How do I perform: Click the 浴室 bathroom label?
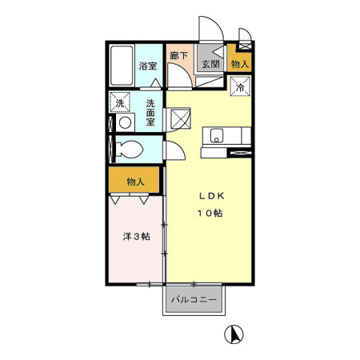click(146, 66)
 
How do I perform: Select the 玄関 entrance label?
click(210, 65)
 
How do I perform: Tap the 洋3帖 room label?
click(135, 237)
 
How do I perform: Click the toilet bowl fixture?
click(128, 150)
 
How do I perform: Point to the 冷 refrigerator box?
click(239, 87)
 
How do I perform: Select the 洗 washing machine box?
click(121, 104)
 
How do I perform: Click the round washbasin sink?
click(124, 122)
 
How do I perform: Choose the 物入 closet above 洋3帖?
click(135, 182)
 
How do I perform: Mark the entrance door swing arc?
click(206, 28)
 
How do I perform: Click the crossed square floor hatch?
click(182, 119)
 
